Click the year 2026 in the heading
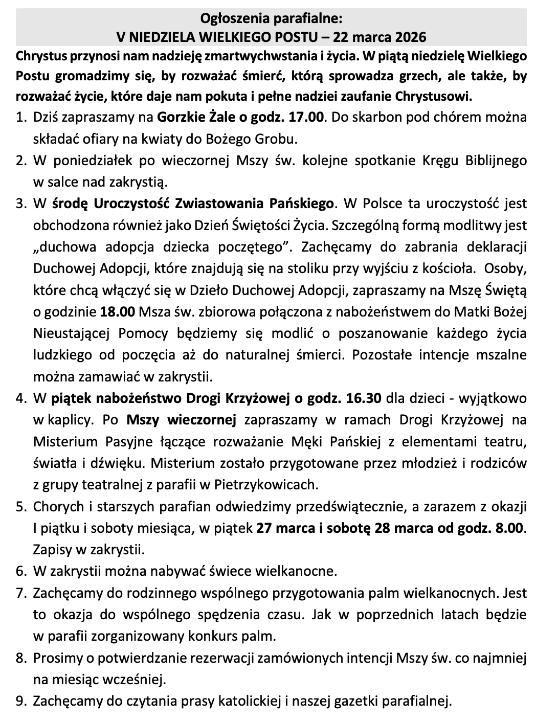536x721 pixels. [409, 37]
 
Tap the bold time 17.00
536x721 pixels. [306, 117]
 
